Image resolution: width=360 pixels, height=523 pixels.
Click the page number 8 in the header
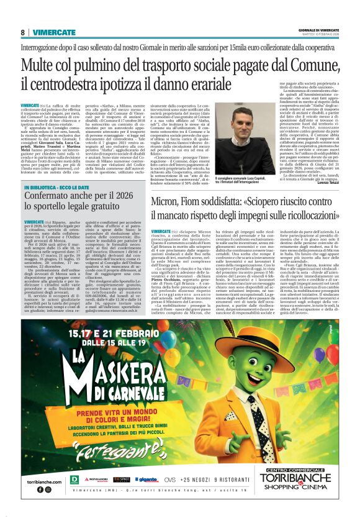(23, 32)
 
